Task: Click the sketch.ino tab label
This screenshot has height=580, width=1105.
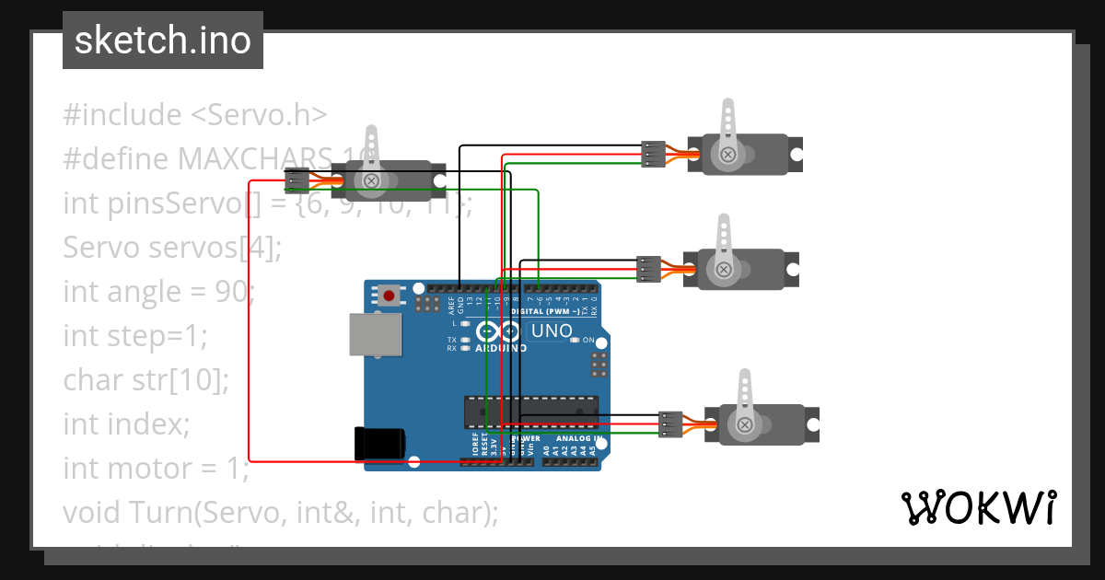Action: coord(162,41)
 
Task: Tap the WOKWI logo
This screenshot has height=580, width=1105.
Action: coord(977,507)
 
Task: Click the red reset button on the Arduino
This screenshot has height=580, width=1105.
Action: coord(390,296)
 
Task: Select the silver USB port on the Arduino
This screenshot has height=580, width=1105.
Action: coord(376,334)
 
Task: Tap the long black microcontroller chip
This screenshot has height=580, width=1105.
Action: coord(530,412)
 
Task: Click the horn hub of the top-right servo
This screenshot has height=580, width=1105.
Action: coord(727,154)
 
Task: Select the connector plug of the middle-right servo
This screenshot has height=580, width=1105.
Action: coord(649,268)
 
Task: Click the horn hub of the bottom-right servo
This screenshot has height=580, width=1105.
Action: coord(744,424)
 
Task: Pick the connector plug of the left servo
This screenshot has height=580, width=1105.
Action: coord(297,180)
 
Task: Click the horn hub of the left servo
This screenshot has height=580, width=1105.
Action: coord(371,180)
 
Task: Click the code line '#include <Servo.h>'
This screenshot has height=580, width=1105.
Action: coord(195,115)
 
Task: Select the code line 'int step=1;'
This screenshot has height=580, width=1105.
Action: coord(135,336)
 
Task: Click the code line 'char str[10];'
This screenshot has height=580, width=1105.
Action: coord(145,379)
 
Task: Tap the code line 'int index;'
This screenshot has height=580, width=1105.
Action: coord(126,423)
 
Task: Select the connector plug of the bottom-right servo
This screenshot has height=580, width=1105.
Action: coord(669,423)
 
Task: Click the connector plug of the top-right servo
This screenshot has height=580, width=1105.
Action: coord(653,154)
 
